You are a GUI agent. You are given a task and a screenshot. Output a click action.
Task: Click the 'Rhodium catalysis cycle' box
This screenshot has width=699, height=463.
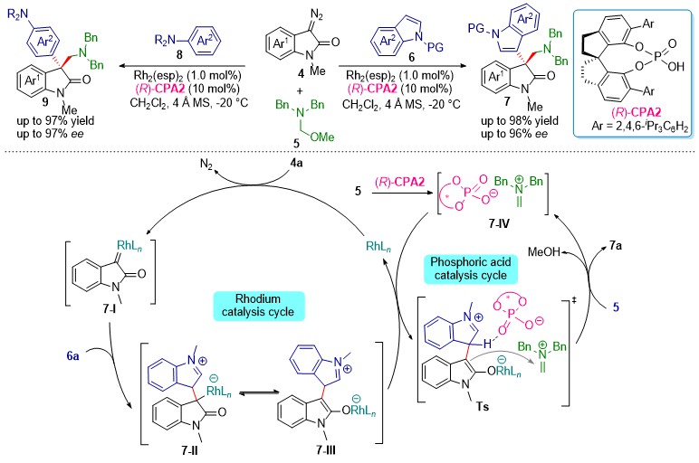tap(259, 306)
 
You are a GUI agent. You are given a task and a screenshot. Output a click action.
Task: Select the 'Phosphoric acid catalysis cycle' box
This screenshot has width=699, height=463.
tap(470, 269)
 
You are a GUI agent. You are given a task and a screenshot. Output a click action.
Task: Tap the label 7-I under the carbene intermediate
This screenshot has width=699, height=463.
tap(110, 308)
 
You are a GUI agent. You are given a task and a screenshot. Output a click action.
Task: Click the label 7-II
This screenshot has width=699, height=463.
tap(189, 450)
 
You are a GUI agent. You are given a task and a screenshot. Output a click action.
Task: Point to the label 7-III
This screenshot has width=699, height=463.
tap(326, 450)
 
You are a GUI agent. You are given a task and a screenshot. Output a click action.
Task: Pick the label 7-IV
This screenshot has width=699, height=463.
tap(499, 223)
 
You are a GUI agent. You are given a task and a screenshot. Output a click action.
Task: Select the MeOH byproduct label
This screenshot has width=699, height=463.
tap(544, 251)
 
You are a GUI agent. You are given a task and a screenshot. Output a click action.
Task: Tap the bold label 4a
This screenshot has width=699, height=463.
tap(296, 163)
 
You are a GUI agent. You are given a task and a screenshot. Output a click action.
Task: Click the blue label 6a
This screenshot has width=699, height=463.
tap(72, 355)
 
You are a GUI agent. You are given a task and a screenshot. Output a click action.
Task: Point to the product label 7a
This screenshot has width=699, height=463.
tap(616, 245)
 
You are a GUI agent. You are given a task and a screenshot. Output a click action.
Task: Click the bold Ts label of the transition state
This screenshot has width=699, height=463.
tap(483, 406)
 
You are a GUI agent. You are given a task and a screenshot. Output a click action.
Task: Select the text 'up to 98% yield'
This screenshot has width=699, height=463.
tap(520, 120)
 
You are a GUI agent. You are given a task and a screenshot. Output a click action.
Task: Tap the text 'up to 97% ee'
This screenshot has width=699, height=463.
tap(50, 134)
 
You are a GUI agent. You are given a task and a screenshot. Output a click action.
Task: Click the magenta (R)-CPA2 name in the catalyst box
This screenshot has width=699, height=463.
tap(637, 113)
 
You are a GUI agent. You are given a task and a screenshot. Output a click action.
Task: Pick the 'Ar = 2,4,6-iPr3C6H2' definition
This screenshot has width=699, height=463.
tap(640, 126)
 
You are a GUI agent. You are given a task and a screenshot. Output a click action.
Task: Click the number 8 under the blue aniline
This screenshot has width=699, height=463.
tap(179, 56)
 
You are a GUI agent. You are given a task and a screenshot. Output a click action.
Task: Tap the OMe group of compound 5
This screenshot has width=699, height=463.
tap(322, 137)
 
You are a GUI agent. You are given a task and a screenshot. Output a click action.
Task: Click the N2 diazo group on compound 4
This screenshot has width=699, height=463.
tap(317, 14)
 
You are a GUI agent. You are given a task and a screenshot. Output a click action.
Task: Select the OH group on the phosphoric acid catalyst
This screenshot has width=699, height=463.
tap(675, 66)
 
